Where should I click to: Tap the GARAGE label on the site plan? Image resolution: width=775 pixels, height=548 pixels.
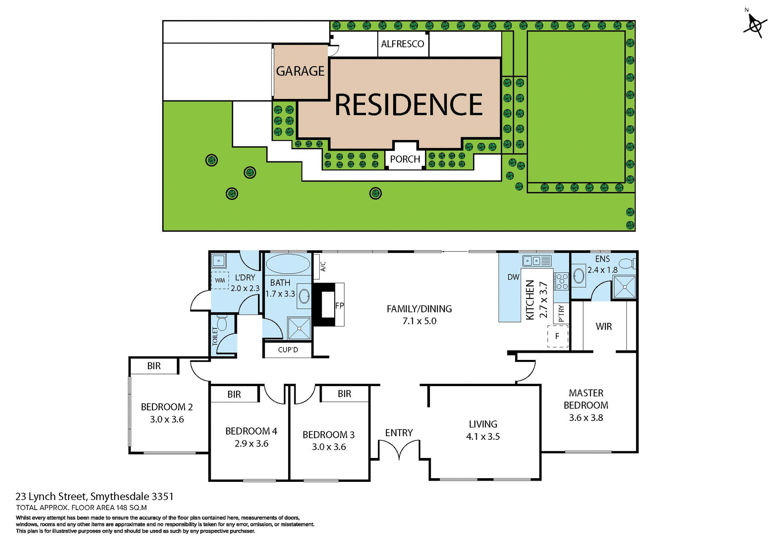[x=300, y=71]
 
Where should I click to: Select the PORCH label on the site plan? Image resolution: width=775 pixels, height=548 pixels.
[x=405, y=159]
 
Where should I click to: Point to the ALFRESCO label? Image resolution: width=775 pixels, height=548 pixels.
[x=402, y=44]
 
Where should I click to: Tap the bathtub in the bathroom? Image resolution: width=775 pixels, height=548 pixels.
[x=288, y=264]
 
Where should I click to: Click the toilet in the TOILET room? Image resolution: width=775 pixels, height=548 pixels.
[x=222, y=323]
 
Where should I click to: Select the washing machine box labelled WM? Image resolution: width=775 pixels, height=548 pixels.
[x=220, y=280]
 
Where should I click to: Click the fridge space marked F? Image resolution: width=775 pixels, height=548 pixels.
[x=557, y=336]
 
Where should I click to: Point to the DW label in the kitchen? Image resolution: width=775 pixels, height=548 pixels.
[x=513, y=277]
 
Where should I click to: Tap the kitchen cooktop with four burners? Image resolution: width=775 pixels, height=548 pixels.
[x=561, y=281]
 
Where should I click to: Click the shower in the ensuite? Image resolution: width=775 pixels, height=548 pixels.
[x=624, y=287]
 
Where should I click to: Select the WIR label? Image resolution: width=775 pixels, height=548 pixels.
[x=603, y=326]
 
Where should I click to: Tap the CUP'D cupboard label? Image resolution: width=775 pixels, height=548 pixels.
[x=288, y=350]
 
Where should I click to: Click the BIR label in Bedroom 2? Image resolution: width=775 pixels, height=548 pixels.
[x=154, y=366]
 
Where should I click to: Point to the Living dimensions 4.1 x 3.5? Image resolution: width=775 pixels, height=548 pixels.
[x=483, y=437]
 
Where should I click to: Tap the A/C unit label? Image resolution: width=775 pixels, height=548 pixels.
[x=323, y=266]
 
